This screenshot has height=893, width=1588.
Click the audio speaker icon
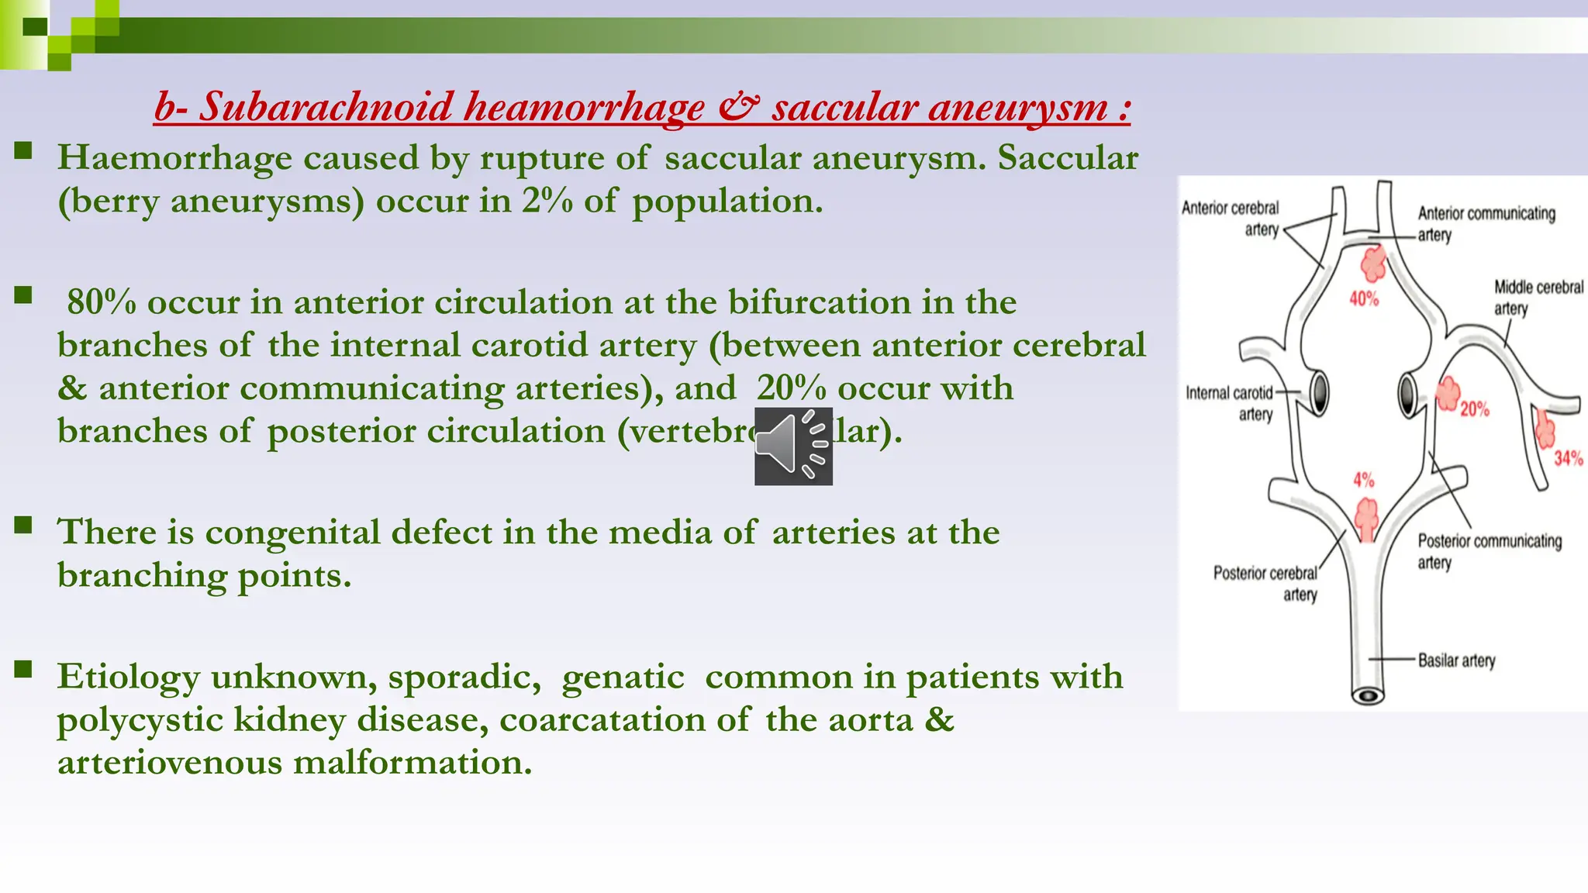pyautogui.click(x=793, y=446)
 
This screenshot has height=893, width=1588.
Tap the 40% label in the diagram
pyautogui.click(x=1364, y=298)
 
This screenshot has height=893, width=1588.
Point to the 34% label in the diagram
pyautogui.click(x=1568, y=458)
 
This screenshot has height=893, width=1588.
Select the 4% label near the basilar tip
pyautogui.click(x=1364, y=480)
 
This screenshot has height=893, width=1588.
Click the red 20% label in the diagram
pyautogui.click(x=1475, y=409)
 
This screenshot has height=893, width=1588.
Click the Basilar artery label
pyautogui.click(x=1456, y=660)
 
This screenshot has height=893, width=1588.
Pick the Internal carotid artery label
pyautogui.click(x=1230, y=403)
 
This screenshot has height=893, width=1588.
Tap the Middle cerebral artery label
pyautogui.click(x=1537, y=298)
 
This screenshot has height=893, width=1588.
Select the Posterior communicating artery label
pyautogui.click(x=1489, y=551)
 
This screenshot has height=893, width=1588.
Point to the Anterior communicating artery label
pyautogui.click(x=1486, y=223)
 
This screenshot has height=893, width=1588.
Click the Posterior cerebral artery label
pyautogui.click(x=1265, y=583)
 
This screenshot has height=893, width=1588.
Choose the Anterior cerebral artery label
pyautogui.click(x=1231, y=218)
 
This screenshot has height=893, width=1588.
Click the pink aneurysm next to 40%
pyautogui.click(x=1374, y=264)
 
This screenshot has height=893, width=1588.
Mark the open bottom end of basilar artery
pyautogui.click(x=1368, y=695)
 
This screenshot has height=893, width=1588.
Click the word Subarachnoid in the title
pyautogui.click(x=326, y=106)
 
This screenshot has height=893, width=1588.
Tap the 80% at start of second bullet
pyautogui.click(x=101, y=302)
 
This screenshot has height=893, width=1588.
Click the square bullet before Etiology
pyautogui.click(x=23, y=669)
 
